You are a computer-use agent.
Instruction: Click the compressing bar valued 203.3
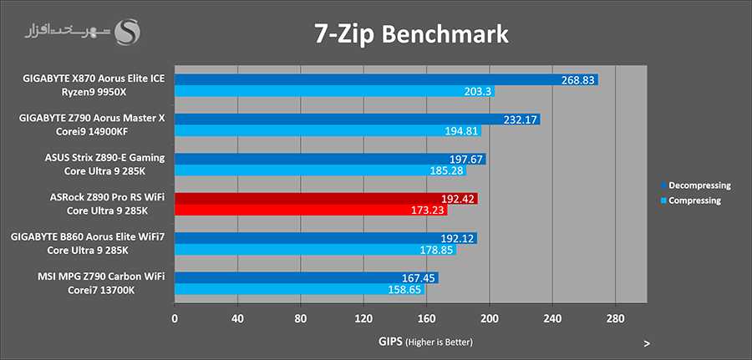(334, 92)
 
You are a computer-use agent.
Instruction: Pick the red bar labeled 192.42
(326, 199)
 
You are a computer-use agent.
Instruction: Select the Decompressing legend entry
(694, 185)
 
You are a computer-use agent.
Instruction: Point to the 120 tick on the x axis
(363, 318)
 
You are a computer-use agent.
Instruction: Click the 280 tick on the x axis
(615, 318)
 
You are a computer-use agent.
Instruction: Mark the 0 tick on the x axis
(175, 318)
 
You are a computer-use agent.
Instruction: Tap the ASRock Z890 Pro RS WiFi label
(108, 196)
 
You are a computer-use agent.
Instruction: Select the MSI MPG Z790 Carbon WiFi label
(101, 276)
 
